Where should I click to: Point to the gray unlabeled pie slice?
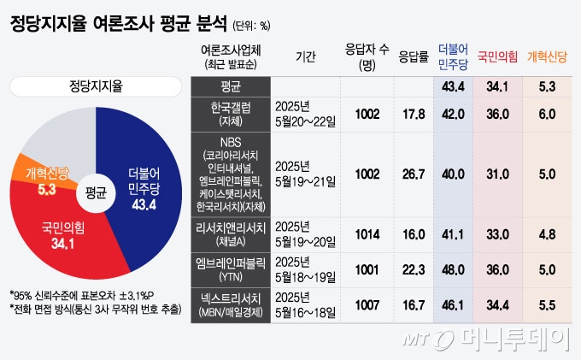60,137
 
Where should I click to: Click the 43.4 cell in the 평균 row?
453,86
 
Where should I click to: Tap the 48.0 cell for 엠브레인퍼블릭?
453,267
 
